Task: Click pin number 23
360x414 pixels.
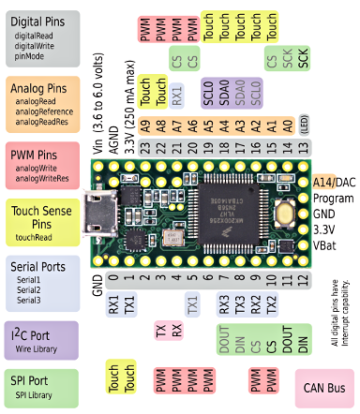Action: coord(145,148)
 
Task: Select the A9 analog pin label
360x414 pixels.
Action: coord(145,126)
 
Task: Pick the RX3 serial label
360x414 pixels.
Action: coord(223,304)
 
